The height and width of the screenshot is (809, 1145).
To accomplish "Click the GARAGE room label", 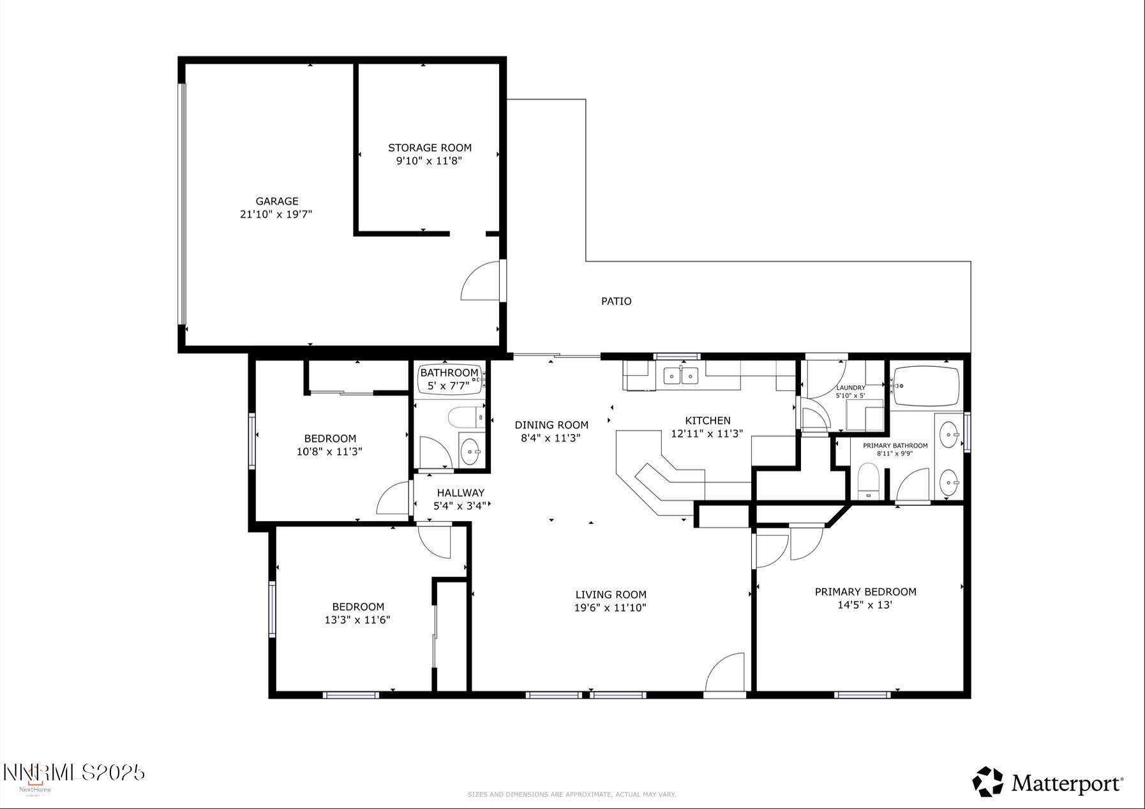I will click(276, 201).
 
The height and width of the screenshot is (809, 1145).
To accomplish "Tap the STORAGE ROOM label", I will click(430, 147).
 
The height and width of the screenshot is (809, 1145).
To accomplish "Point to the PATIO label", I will click(616, 301).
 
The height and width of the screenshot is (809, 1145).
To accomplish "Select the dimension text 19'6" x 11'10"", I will click(610, 608).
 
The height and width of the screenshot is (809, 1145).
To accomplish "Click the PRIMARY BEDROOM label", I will click(865, 591).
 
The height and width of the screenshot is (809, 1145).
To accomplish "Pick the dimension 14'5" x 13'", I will click(864, 605).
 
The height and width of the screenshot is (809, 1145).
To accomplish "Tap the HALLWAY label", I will click(460, 493).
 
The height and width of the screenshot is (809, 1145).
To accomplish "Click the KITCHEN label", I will click(707, 420).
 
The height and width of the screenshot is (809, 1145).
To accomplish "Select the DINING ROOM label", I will click(551, 425).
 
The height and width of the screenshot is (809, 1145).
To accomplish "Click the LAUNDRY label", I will click(850, 387).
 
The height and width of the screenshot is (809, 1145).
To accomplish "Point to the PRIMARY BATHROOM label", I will click(895, 445).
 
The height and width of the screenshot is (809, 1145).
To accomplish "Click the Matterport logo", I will click(1047, 782).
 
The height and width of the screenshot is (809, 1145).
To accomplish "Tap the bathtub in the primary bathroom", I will click(926, 386).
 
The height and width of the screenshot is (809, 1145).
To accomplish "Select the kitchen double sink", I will click(680, 376).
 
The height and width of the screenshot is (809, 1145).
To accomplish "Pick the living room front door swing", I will click(726, 672).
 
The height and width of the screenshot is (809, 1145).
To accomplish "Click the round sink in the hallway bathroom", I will click(471, 452).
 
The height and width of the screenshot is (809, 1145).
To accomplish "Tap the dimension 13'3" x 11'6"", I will click(357, 620).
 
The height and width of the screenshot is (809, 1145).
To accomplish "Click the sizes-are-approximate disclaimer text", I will click(571, 794).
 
